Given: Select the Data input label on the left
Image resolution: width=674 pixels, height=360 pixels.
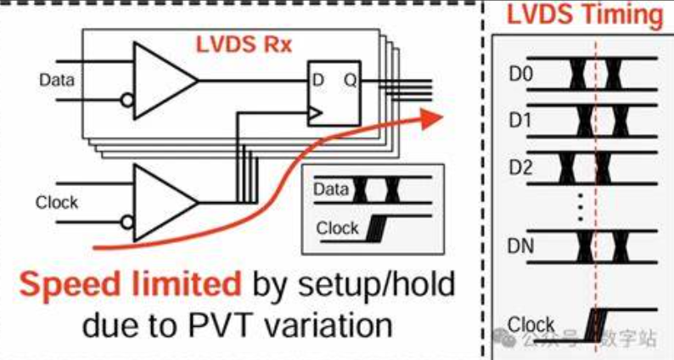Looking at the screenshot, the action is [x=57, y=81].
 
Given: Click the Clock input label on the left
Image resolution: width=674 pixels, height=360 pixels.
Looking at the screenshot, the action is [x=57, y=202].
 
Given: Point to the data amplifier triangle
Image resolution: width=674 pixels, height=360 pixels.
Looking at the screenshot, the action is [x=161, y=81].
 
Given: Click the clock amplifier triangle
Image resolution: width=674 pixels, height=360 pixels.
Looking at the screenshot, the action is [x=161, y=202].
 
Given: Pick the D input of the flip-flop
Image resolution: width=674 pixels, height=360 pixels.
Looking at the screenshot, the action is [x=318, y=81].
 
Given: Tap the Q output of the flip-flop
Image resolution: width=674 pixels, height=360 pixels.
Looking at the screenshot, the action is [x=348, y=81].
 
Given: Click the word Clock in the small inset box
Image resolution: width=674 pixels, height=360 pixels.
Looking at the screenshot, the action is [x=337, y=228].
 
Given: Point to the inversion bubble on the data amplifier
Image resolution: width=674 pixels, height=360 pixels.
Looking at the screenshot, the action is [x=127, y=101].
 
